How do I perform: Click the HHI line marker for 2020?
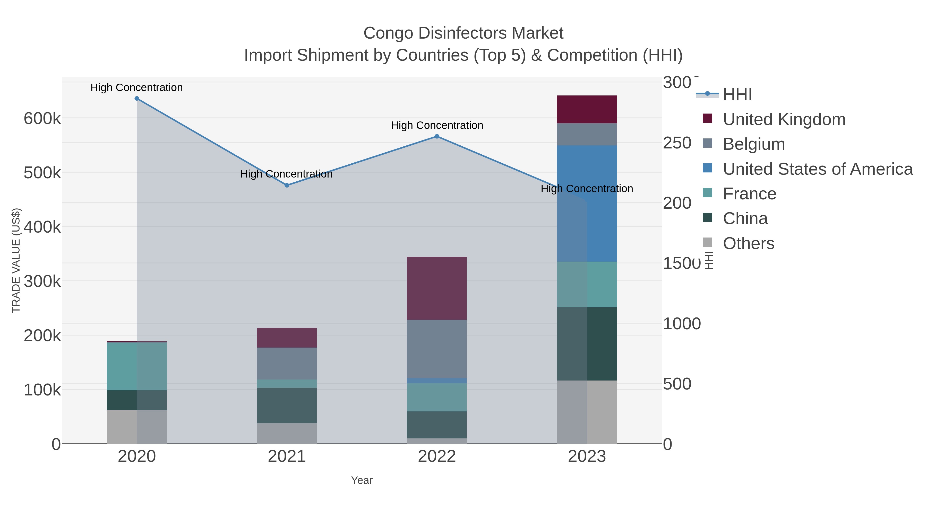[x=137, y=99]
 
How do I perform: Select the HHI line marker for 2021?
[x=287, y=186]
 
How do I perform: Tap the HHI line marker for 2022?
[x=437, y=136]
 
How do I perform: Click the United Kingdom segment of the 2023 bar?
[x=587, y=109]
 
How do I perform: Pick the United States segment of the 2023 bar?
[x=587, y=204]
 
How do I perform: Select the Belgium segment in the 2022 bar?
[x=437, y=349]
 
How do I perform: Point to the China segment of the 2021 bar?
[x=287, y=405]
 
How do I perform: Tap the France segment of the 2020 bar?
[x=137, y=366]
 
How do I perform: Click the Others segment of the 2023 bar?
[x=587, y=412]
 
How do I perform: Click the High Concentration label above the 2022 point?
[x=437, y=126]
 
